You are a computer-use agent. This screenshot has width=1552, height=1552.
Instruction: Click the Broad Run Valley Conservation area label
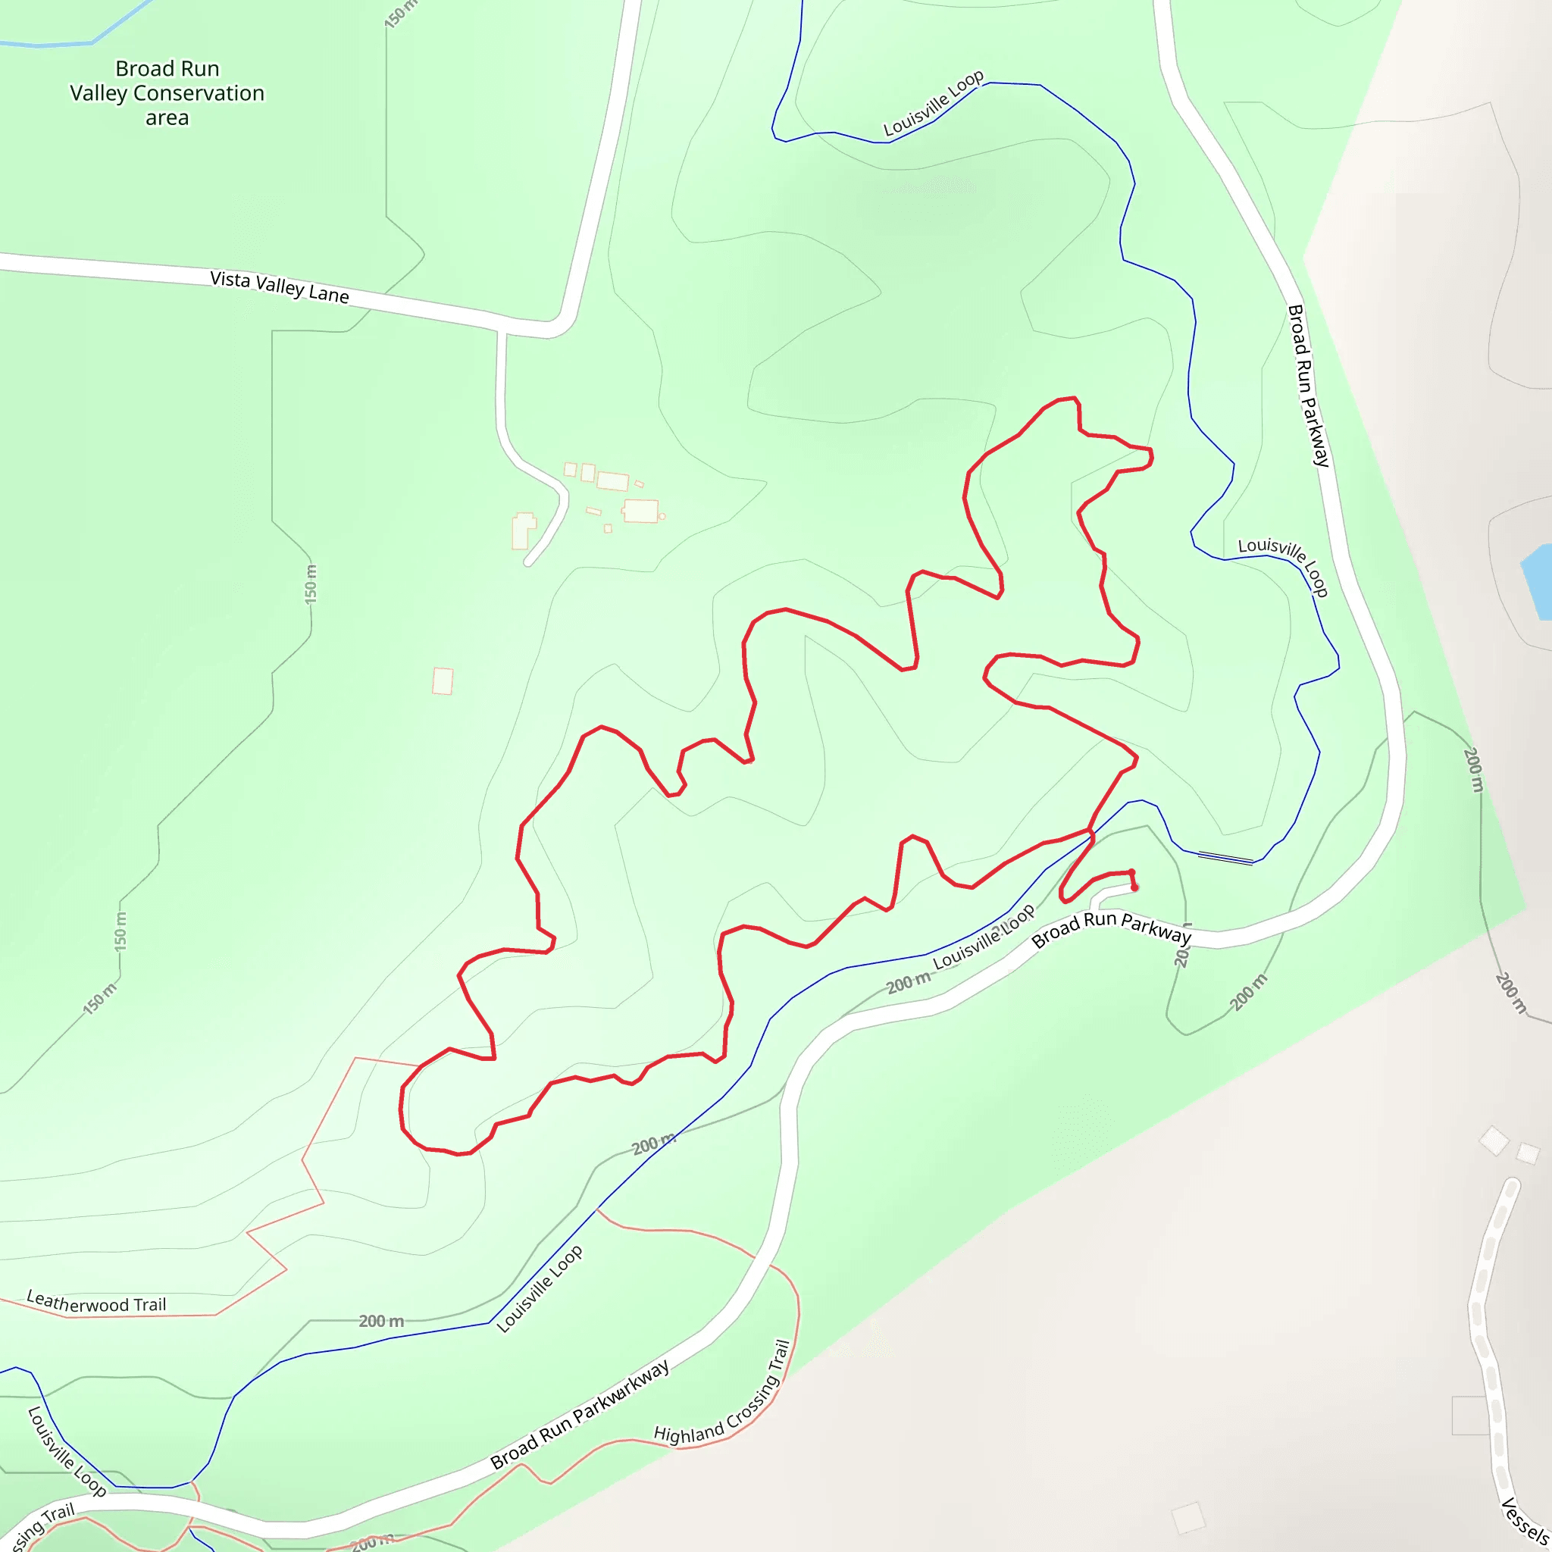[167, 93]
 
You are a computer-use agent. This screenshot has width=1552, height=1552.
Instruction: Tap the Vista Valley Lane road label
[280, 286]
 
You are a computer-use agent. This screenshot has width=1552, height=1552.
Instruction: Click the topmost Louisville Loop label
[934, 103]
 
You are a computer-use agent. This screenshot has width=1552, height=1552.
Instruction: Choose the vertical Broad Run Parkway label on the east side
[1309, 386]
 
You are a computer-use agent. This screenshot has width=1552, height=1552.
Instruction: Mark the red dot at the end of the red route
[1134, 887]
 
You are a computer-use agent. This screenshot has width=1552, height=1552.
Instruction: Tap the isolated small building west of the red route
[443, 681]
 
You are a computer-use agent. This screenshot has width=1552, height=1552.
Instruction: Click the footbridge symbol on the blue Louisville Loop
[1225, 858]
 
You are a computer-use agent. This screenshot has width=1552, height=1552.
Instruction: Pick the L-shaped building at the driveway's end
[523, 531]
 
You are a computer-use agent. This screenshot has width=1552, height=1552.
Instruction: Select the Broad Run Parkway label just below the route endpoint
[1111, 929]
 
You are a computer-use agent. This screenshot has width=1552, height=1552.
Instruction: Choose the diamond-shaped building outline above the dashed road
[1494, 1141]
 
